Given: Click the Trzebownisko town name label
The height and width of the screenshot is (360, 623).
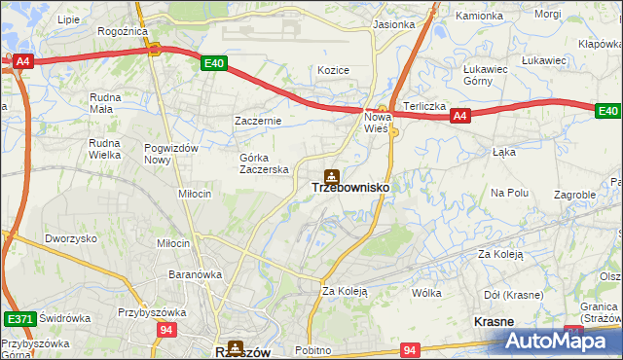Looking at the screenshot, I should click(350, 189).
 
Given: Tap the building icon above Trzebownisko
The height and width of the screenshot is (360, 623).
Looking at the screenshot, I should click(332, 175).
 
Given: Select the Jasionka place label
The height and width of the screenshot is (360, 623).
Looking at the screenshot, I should click(393, 24).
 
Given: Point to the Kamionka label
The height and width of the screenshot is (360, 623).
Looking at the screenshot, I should click(480, 17).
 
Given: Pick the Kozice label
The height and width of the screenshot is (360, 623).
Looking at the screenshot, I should click(333, 70).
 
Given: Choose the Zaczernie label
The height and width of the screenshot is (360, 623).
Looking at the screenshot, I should click(258, 121).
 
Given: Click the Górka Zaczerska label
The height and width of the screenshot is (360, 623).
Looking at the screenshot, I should click(265, 163).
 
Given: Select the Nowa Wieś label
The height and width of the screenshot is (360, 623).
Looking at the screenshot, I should click(377, 123).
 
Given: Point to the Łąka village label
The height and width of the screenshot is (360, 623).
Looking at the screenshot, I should click(503, 152).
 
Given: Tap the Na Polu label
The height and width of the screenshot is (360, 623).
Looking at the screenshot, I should click(509, 193).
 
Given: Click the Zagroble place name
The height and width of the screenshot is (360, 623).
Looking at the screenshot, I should click(574, 195).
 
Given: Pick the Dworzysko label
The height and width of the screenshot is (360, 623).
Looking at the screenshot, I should click(71, 238).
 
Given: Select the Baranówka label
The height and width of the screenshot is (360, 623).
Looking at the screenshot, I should click(195, 274).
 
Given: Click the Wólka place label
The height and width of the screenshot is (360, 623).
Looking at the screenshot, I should click(426, 293).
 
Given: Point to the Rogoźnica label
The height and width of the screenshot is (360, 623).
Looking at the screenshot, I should click(122, 31).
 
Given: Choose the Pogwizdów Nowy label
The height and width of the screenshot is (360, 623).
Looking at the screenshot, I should click(170, 153).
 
